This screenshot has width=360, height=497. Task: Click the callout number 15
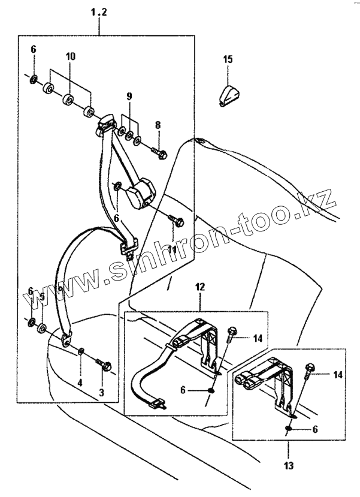click(x=228, y=59)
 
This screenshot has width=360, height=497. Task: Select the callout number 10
click(x=71, y=56)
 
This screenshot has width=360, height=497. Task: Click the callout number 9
click(x=128, y=96)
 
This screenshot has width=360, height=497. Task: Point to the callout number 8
click(x=158, y=125)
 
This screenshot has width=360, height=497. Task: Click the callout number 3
click(x=101, y=393)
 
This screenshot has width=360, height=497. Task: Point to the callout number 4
click(x=79, y=382)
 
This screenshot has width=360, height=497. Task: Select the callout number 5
click(x=42, y=296)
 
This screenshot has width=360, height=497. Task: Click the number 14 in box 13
click(x=338, y=375)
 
